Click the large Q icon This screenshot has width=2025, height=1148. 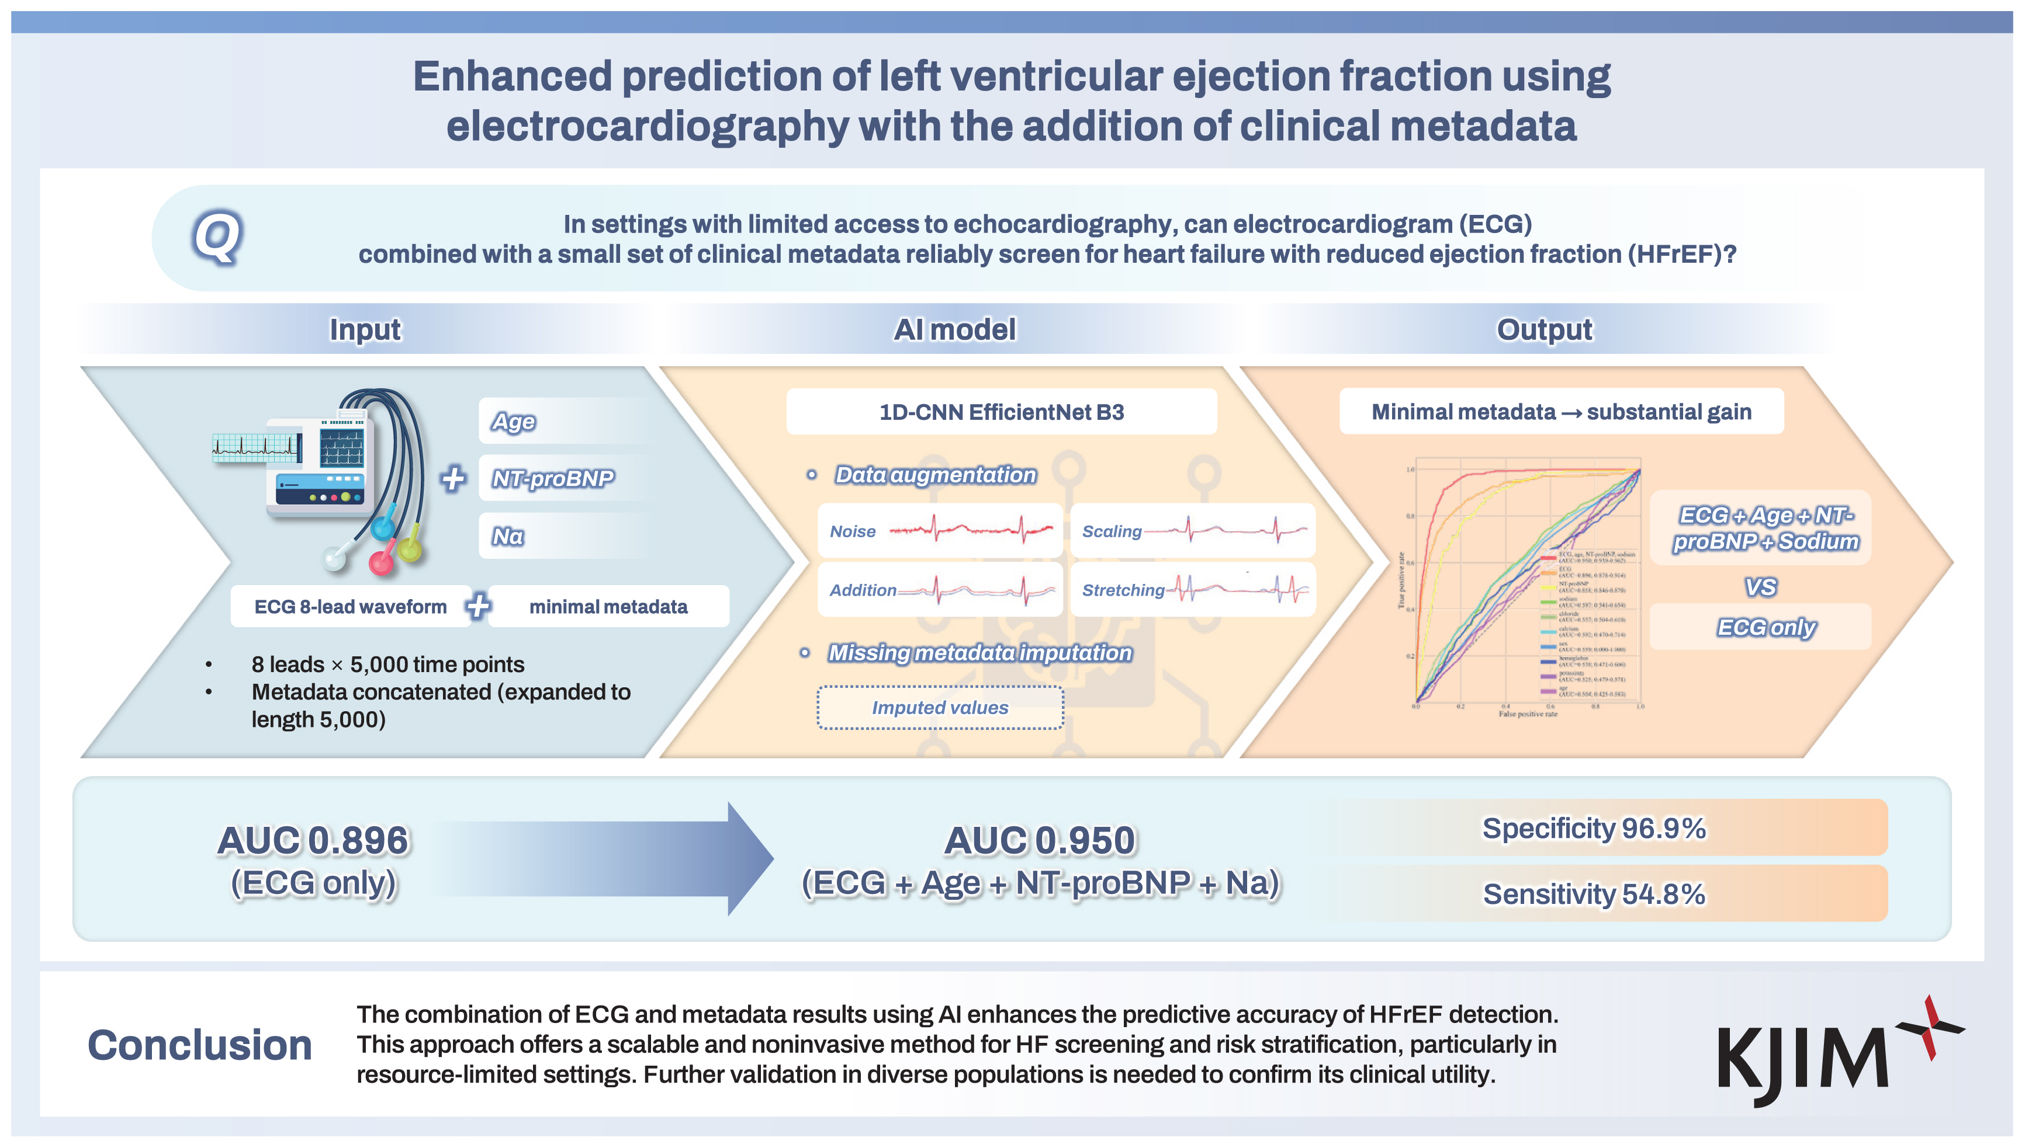pos(217,237)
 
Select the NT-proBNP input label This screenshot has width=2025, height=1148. pos(552,478)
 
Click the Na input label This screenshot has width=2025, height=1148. pos(508,536)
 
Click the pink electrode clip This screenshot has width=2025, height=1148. pos(382,562)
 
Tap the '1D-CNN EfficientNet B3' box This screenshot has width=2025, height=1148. pos(1001,412)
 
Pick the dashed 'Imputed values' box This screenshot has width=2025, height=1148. pos(940,707)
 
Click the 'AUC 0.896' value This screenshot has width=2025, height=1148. pos(313,840)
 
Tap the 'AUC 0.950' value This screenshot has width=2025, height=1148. pos(1040,840)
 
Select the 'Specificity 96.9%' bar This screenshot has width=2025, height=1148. pos(1594,829)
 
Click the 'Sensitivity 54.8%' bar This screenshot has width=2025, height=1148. pos(1594,894)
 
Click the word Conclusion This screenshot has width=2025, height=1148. pos(200,1045)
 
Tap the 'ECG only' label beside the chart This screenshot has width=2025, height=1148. pos(1766,628)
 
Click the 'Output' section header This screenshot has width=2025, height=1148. pos(1545,329)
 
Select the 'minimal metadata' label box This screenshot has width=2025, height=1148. pos(608,606)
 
